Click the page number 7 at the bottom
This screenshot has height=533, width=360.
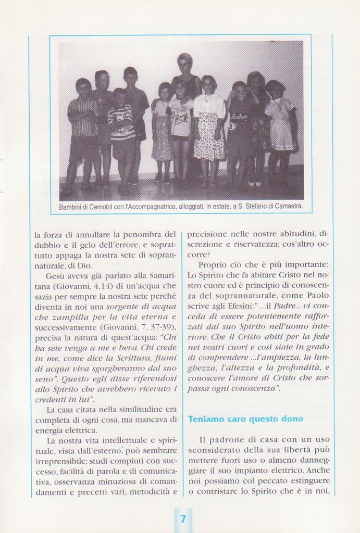(183, 519)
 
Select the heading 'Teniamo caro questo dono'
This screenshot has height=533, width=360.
(245, 419)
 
